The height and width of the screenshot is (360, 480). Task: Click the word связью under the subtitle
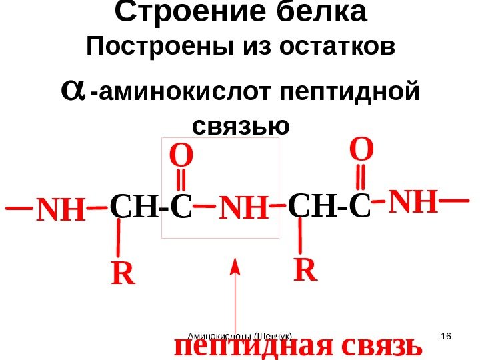pyautogui.click(x=241, y=125)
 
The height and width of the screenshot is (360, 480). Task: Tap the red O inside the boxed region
pyautogui.click(x=180, y=158)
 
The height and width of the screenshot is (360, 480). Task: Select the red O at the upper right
pyautogui.click(x=362, y=150)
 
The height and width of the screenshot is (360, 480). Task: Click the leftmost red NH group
pyautogui.click(x=61, y=211)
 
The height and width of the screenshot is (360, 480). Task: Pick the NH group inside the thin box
pyautogui.click(x=243, y=209)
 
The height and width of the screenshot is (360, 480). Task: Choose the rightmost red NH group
pyautogui.click(x=413, y=202)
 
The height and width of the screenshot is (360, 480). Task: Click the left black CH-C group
pyautogui.click(x=150, y=207)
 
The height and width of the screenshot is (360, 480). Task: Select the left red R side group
pyautogui.click(x=123, y=273)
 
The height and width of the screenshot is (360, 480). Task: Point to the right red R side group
pyautogui.click(x=306, y=270)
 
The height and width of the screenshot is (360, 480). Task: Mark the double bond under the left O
pyautogui.click(x=182, y=181)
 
